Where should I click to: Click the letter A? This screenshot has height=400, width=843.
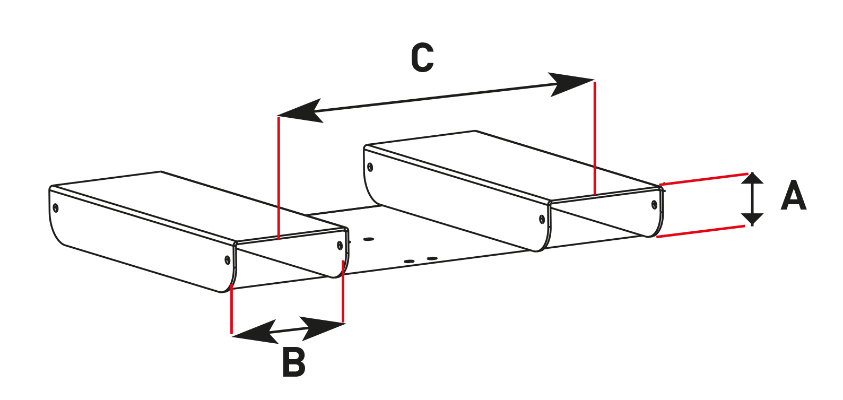point(794,196)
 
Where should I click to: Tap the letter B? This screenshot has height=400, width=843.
point(294,362)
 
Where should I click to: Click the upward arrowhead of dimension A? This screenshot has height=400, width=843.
point(752,179)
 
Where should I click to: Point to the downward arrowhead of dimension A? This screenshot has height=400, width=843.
point(752,219)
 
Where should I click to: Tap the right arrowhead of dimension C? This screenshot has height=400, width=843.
point(570,83)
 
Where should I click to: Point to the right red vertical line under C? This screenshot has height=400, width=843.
point(595,138)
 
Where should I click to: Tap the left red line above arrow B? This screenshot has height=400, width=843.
point(232,310)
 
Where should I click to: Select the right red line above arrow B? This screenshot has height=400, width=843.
point(343,292)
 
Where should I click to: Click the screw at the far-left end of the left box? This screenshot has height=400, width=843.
point(56,207)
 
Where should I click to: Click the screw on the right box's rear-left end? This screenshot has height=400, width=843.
point(370,168)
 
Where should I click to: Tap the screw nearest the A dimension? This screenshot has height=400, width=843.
point(654,204)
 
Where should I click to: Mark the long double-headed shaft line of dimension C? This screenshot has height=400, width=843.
point(435,97)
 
